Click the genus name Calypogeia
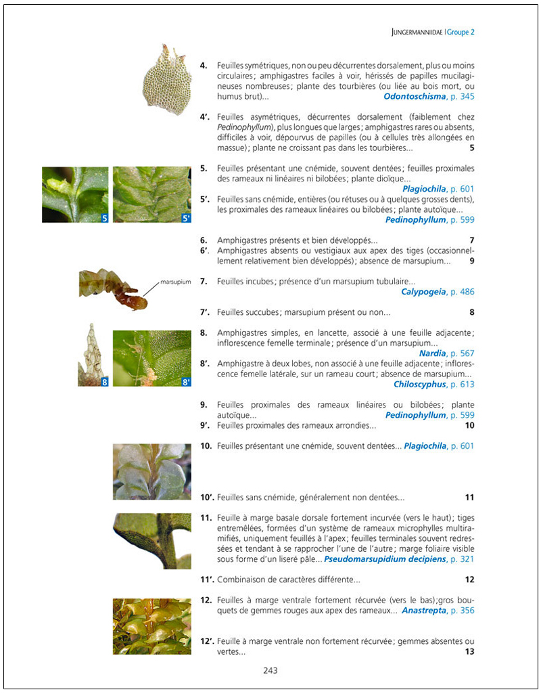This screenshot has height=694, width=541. (x=423, y=292)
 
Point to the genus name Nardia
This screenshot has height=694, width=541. (x=433, y=353)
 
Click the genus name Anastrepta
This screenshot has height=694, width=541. (x=424, y=610)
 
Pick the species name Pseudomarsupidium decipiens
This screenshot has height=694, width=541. (x=384, y=559)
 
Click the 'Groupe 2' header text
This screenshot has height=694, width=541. (x=462, y=32)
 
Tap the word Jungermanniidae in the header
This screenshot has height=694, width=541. (x=417, y=32)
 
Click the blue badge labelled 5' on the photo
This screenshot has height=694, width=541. (x=186, y=218)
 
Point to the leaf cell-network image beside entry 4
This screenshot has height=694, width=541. (x=167, y=79)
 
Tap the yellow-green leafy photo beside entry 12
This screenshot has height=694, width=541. (x=151, y=626)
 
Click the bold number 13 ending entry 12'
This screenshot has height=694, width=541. (x=469, y=651)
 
